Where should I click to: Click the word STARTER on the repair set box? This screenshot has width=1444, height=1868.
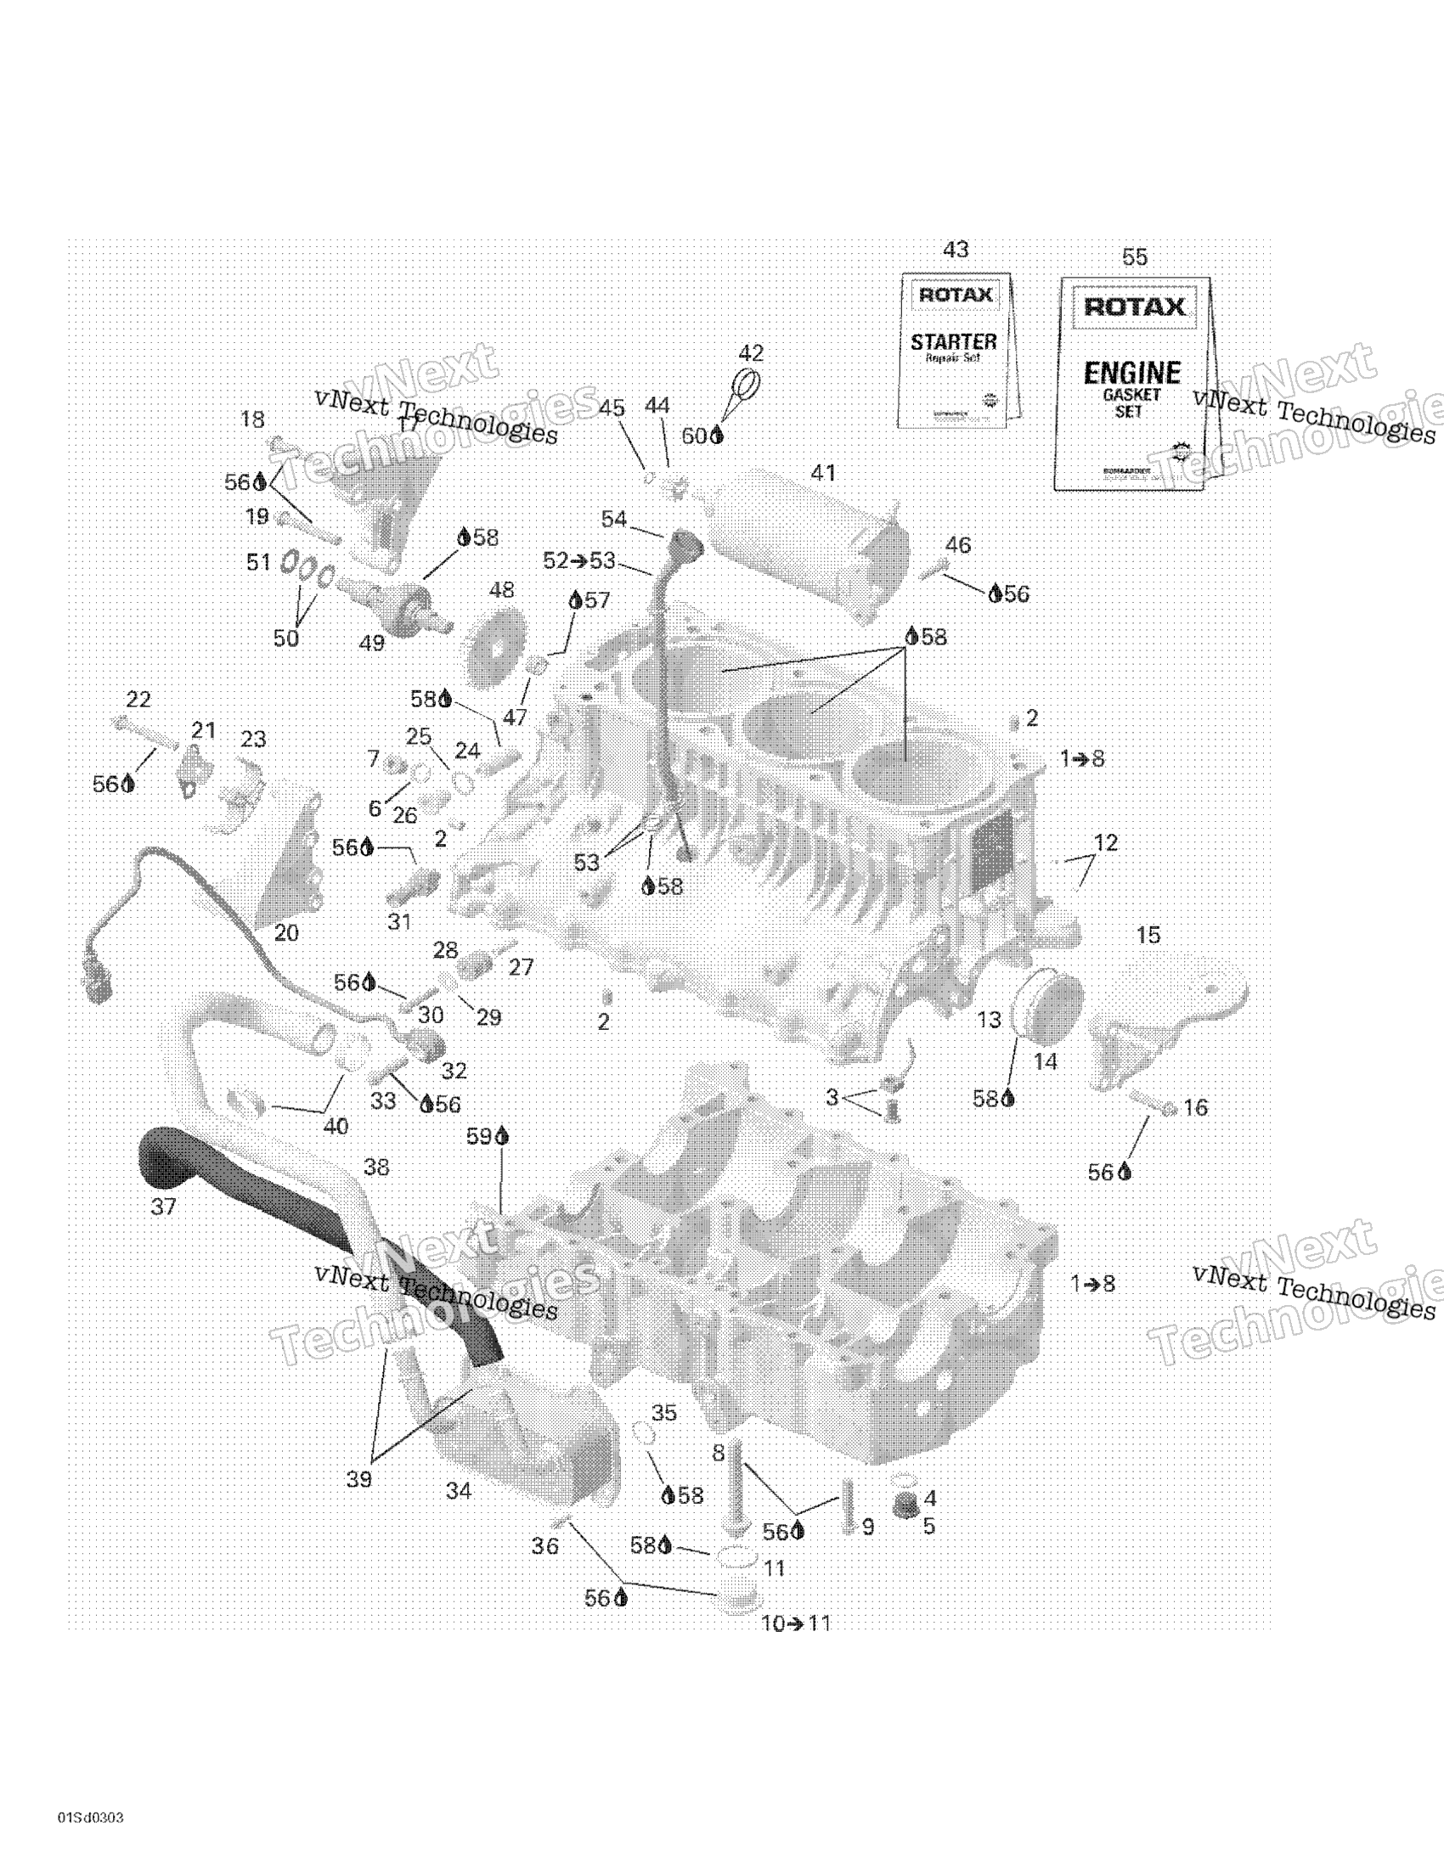click(953, 342)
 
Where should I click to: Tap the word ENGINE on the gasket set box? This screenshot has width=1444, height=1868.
click(1131, 373)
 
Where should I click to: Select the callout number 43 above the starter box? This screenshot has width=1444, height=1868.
click(956, 250)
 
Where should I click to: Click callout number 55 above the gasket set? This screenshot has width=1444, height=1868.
click(1134, 257)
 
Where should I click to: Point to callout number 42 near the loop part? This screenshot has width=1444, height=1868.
click(750, 353)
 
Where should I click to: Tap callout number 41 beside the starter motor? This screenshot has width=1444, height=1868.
click(822, 473)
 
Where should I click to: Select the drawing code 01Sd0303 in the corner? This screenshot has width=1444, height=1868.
click(91, 1818)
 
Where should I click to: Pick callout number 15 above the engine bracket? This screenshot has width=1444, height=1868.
click(1148, 935)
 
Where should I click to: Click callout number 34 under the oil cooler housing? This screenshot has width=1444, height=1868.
click(459, 1491)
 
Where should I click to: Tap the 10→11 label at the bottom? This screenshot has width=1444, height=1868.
click(796, 1623)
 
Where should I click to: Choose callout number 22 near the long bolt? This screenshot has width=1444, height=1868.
click(138, 700)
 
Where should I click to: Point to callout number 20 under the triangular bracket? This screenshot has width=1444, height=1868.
click(285, 933)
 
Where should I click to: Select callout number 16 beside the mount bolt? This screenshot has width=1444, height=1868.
click(1194, 1107)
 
